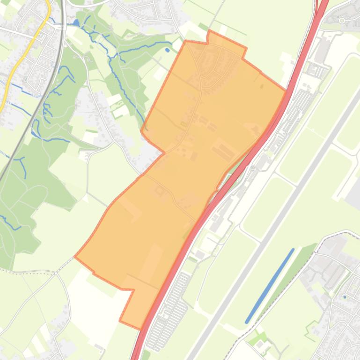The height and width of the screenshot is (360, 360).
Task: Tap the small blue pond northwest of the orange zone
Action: click(168, 50)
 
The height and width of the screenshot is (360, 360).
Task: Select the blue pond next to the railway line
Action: click(76, 22)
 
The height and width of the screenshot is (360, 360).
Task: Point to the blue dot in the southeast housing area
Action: click(345, 297)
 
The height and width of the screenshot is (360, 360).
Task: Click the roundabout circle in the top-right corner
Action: click(342, 20)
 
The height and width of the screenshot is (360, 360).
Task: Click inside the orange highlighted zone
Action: click(187, 164)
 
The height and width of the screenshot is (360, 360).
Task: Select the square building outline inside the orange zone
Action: click(160, 190)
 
